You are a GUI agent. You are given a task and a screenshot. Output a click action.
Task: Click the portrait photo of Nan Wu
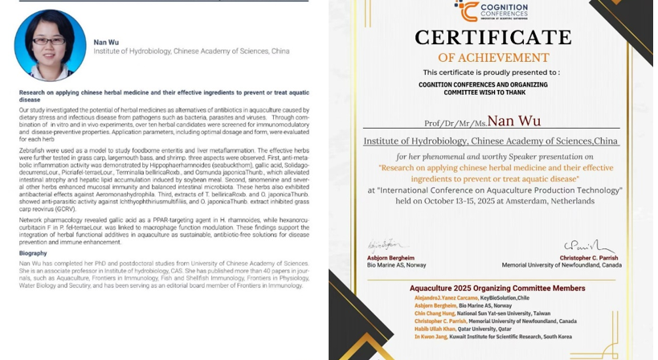[50, 45]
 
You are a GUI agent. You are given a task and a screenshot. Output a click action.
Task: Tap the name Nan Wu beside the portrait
[106, 42]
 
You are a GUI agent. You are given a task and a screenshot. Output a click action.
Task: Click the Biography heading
[33, 253]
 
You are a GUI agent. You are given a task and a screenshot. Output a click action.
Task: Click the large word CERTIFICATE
[492, 38]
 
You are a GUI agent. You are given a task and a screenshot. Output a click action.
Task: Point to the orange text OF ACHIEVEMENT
[493, 58]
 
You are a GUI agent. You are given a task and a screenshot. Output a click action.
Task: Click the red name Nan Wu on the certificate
[514, 121]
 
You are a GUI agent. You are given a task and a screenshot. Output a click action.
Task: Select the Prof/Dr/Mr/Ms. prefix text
[455, 123]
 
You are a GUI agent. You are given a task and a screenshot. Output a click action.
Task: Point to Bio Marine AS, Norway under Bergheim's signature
[397, 265]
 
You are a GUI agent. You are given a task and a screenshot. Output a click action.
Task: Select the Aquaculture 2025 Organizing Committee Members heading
[497, 288]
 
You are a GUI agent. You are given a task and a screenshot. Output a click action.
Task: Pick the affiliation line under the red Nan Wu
[491, 141]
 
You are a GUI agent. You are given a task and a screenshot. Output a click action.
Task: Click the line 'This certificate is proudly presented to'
[492, 72]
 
